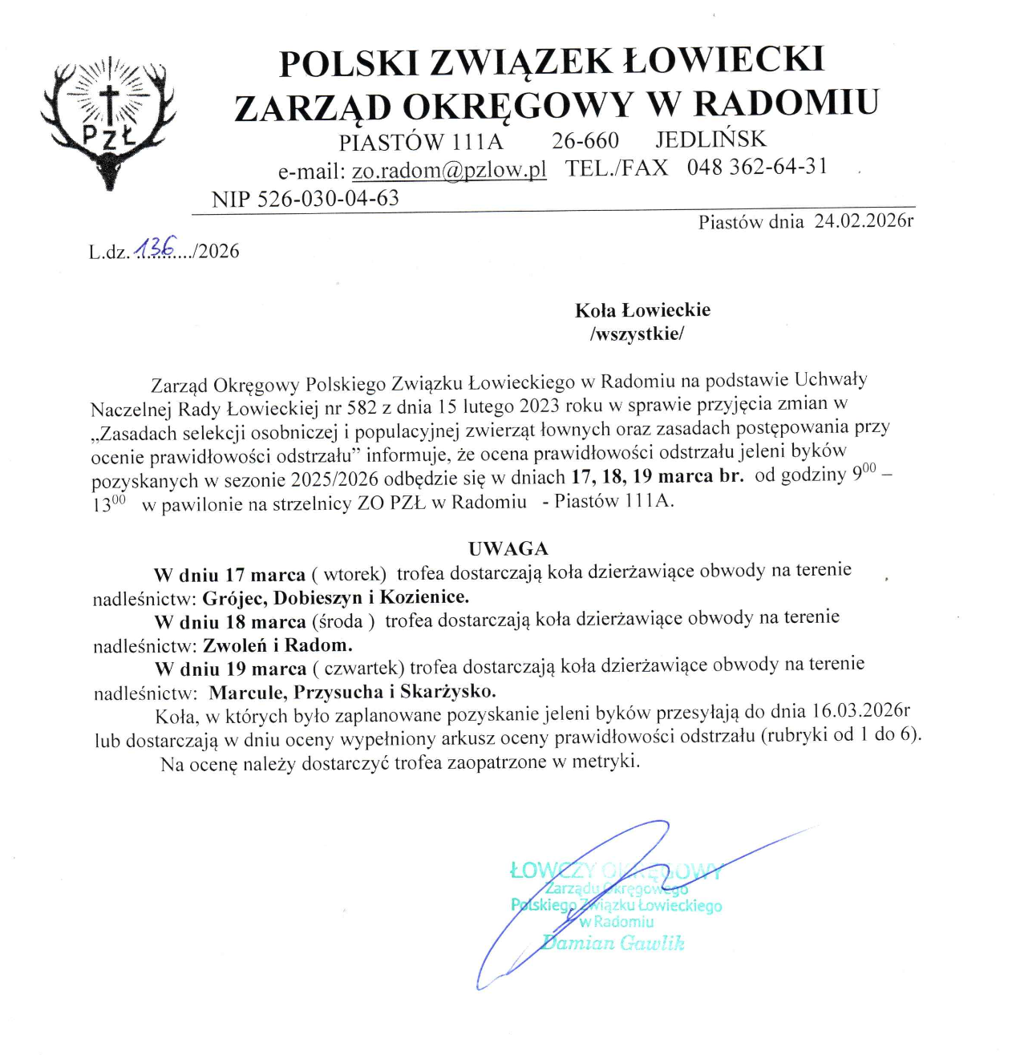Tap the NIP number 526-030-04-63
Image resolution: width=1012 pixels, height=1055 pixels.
328,199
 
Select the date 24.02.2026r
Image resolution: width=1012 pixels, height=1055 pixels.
864,221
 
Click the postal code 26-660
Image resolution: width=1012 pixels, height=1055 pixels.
585,141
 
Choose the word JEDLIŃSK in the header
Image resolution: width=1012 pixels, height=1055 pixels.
710,139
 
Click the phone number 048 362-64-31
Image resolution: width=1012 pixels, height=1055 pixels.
756,168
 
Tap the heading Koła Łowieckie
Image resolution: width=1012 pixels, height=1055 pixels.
642,310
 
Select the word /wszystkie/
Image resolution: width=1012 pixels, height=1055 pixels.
637,333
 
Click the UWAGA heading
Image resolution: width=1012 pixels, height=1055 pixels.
508,548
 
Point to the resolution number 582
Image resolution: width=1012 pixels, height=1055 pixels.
362,407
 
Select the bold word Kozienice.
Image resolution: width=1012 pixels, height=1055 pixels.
424,596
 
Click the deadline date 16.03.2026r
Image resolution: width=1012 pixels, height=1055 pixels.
860,711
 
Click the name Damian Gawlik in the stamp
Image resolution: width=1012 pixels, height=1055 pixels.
613,944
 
